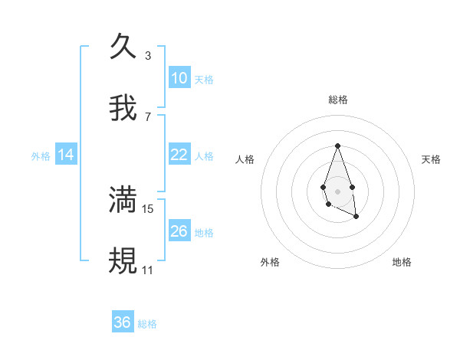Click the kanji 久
tap(123, 46)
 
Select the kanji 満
tap(123, 199)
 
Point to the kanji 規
tap(123, 260)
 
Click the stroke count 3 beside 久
tap(147, 56)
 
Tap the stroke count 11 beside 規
tap(147, 270)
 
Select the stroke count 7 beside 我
tap(147, 117)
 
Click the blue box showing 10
tap(179, 78)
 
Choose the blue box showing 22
tap(179, 155)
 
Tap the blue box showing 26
tap(179, 231)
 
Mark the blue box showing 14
tap(66, 155)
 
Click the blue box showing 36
tap(123, 322)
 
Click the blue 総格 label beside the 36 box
tap(147, 324)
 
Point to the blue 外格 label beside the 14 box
tap(41, 156)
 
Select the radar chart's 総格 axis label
tap(337, 100)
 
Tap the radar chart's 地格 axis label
tap(402, 262)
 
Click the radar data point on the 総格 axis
tap(337, 146)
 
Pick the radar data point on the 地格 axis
tap(356, 217)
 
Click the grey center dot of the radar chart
tap(337, 190)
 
